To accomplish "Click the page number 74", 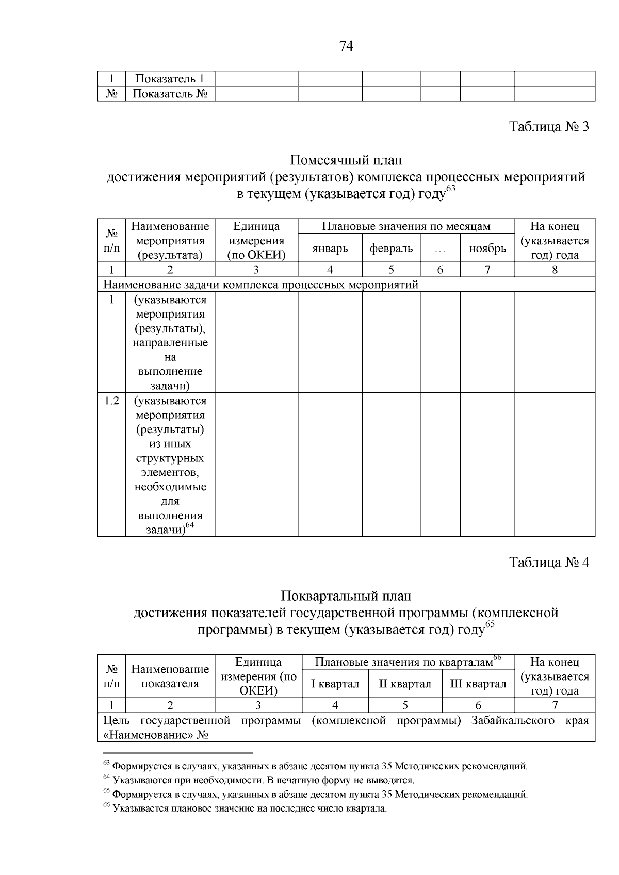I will (346, 47).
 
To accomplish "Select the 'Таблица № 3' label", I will (549, 127).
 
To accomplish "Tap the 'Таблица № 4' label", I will (549, 562).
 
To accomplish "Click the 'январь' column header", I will (330, 249).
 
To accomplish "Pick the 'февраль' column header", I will (391, 249).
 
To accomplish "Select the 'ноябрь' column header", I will (487, 249).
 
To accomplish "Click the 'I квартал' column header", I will (335, 684).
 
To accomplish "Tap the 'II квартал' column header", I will (405, 684).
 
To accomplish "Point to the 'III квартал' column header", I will (478, 684).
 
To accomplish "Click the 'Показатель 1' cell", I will (170, 79).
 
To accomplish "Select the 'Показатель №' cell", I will (170, 94).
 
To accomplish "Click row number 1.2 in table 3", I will (111, 401).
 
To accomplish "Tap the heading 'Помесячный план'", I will (346, 160).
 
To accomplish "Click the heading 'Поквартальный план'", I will (346, 596).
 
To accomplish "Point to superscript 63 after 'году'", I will (451, 189).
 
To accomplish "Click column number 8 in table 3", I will (555, 270).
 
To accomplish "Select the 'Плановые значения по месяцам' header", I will (406, 226).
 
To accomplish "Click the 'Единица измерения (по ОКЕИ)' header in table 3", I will (256, 241).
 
